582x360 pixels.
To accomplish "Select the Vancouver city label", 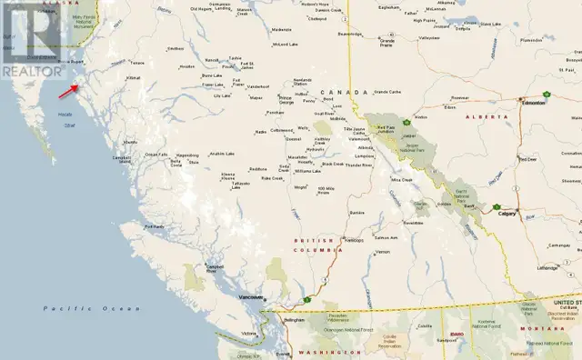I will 250,297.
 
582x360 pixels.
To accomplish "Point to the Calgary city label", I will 507,213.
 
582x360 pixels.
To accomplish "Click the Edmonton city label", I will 534,103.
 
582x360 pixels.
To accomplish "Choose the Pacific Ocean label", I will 69,309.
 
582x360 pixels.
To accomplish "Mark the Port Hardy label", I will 154,226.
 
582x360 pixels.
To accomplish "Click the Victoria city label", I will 249,334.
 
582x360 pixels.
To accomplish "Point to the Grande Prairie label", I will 387,41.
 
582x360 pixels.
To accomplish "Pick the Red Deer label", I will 527,158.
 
